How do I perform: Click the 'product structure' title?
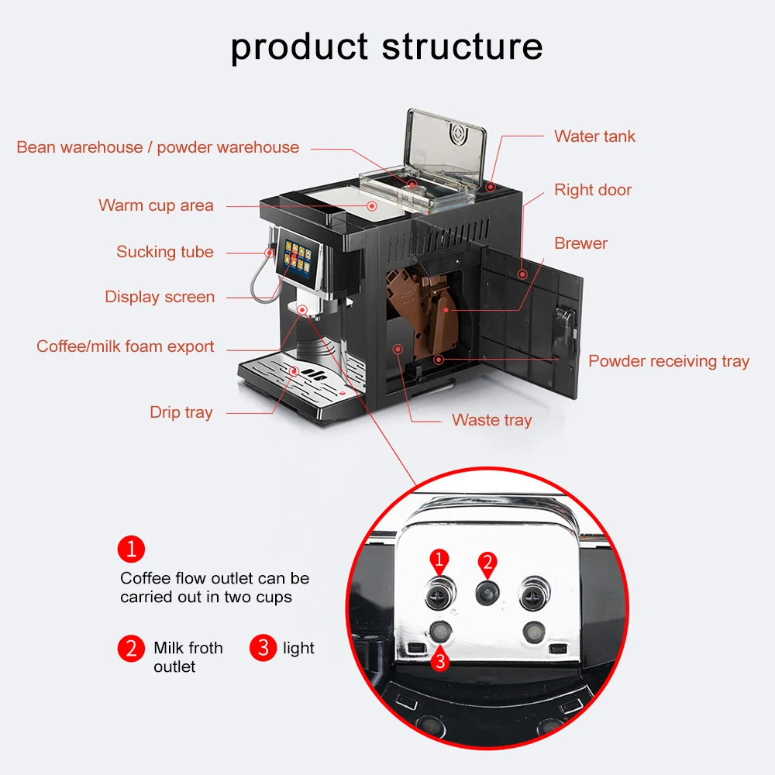(387, 46)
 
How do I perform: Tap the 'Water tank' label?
(594, 136)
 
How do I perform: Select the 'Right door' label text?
(593, 190)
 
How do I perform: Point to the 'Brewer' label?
(580, 243)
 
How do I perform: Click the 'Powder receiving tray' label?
(669, 361)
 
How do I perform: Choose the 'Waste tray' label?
(492, 420)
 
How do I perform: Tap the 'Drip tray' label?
(181, 412)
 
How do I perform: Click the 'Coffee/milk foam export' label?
(126, 346)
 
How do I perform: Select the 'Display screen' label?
(160, 297)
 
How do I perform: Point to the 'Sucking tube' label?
(165, 252)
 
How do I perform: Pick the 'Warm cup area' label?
(156, 205)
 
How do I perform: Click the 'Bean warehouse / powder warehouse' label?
(158, 147)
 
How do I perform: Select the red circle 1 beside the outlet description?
(131, 549)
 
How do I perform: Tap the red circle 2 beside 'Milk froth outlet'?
(131, 648)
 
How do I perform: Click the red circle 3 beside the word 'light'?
(263, 648)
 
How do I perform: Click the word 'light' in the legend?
(298, 648)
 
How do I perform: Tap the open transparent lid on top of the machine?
(446, 147)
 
